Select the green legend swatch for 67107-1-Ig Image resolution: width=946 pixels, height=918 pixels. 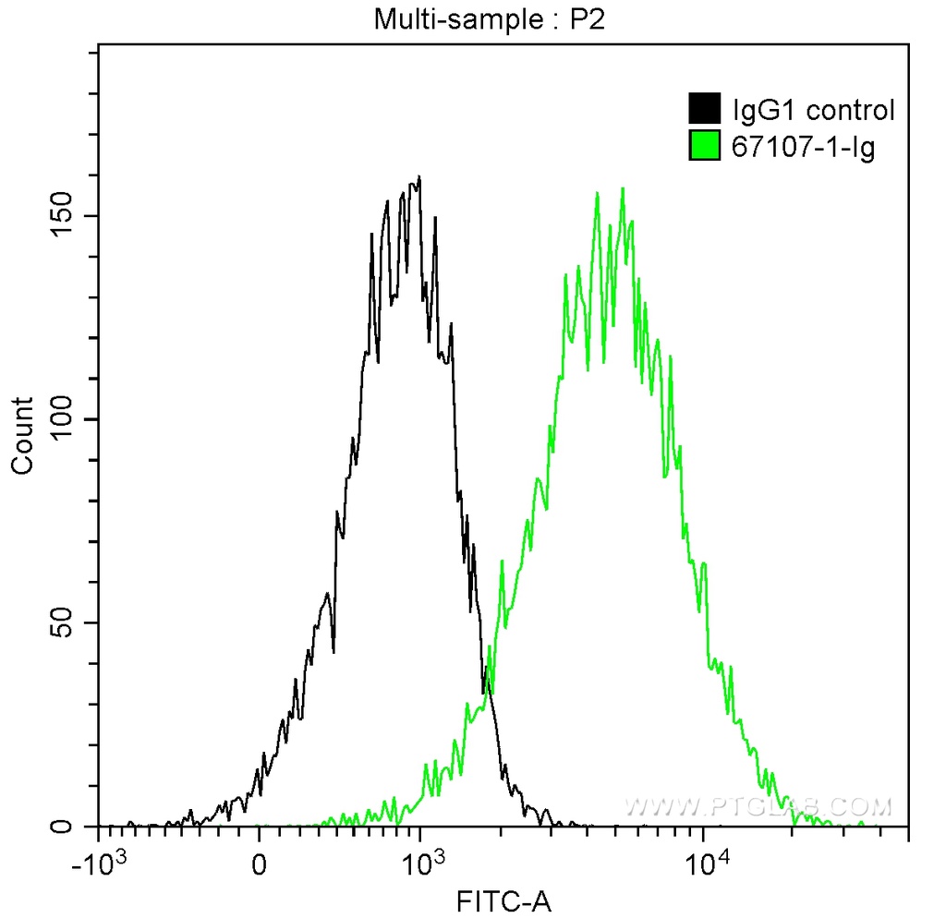[704, 145]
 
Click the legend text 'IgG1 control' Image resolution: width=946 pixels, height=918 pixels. [813, 111]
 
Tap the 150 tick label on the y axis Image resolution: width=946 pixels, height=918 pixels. [61, 216]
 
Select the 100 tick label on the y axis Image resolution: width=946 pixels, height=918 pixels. [61, 419]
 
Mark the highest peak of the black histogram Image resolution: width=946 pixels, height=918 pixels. [419, 177]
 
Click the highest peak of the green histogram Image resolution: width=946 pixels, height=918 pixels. [624, 188]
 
